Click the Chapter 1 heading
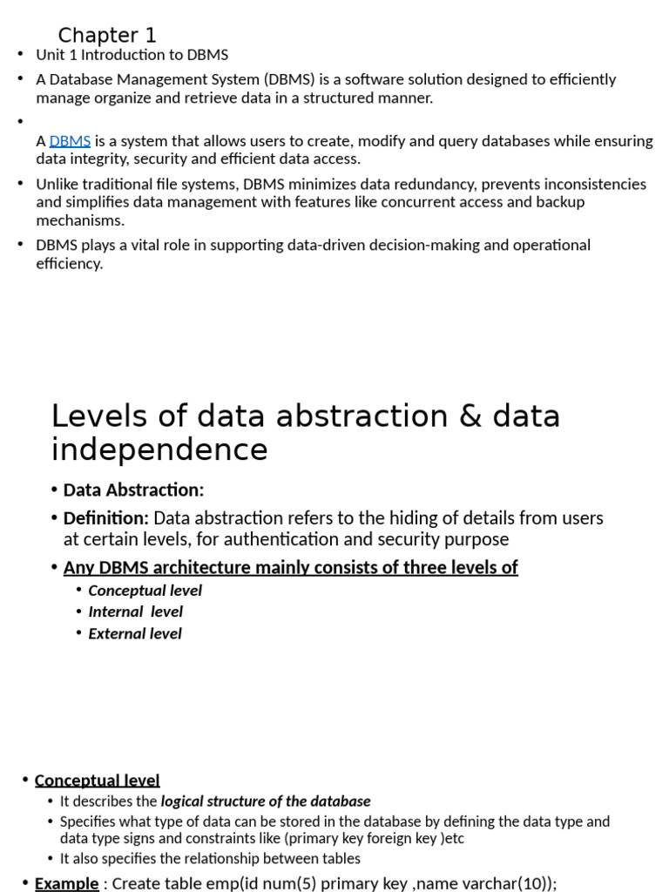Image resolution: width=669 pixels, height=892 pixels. coord(107,36)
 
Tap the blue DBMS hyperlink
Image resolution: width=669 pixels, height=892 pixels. coord(70,141)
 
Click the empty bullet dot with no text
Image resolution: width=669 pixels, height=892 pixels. coord(21,122)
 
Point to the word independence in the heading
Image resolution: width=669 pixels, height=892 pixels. coord(159,449)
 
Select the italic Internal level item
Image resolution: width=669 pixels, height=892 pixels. coord(135,612)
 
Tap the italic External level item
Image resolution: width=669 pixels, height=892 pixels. coord(135,633)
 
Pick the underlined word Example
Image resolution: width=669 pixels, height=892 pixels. coord(66,883)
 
